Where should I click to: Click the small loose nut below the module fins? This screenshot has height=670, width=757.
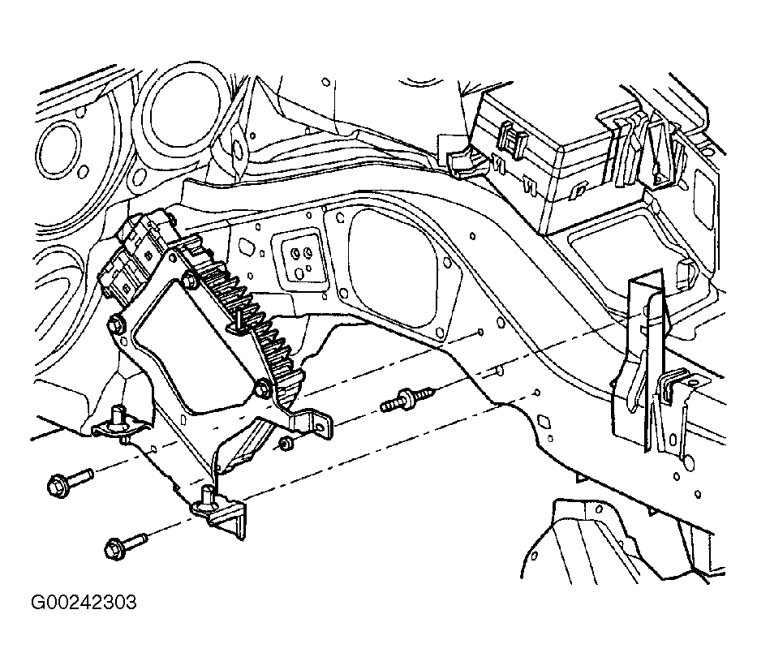(x=285, y=443)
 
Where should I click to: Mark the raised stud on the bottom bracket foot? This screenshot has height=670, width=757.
(x=208, y=496)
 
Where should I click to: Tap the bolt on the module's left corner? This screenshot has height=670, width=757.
(x=115, y=326)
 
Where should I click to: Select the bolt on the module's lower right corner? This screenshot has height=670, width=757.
(x=262, y=389)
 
